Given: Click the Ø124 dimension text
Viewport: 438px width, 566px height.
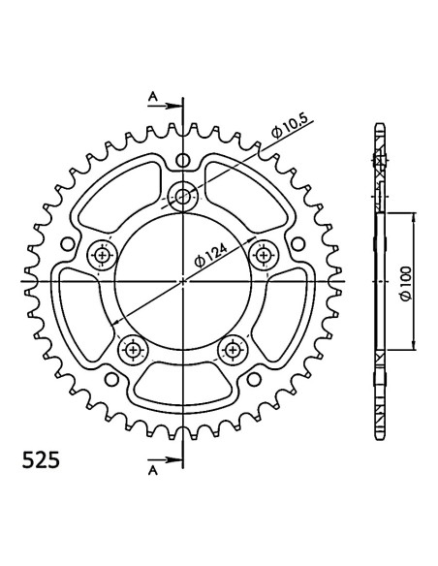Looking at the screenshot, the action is [x=211, y=256].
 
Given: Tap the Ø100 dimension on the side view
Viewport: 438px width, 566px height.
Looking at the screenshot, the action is [x=405, y=284].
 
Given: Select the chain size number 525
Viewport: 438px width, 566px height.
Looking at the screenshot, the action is [x=41, y=460].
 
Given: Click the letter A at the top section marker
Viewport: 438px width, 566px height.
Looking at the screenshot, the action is [x=153, y=96].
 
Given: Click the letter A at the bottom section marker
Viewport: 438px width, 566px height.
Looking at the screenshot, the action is [x=153, y=470].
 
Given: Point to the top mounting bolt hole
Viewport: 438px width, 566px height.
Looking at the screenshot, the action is [x=183, y=197].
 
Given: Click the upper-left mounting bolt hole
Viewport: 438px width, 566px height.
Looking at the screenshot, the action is [x=103, y=256].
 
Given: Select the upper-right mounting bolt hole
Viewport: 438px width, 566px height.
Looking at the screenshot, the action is [x=265, y=256].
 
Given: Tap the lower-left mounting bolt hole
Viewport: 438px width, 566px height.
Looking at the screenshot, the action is [x=133, y=350].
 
